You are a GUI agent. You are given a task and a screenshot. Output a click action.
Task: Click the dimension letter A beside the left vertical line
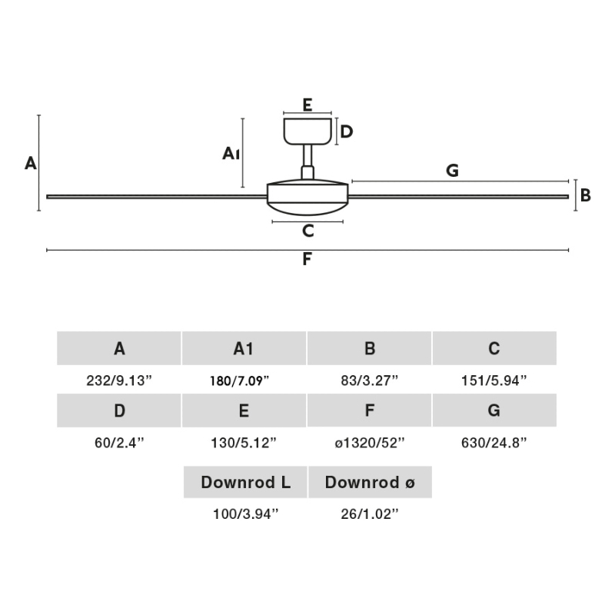(x=31, y=163)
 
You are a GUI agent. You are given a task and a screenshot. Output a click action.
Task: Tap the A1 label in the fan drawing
(x=231, y=153)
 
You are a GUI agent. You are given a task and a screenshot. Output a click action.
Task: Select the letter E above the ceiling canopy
(x=307, y=105)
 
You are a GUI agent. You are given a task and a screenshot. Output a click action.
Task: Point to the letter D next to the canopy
(x=347, y=131)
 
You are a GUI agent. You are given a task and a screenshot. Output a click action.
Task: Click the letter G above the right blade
(x=452, y=170)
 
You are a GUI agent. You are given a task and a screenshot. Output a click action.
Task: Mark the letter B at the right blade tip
(x=586, y=195)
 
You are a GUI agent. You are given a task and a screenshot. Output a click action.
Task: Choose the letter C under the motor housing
(x=308, y=231)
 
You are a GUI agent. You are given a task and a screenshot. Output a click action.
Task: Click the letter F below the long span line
(x=307, y=259)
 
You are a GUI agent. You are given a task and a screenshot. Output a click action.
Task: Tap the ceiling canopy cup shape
(x=307, y=131)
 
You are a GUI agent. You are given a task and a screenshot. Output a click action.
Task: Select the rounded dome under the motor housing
(x=307, y=208)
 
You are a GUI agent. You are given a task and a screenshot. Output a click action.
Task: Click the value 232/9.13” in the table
(x=119, y=381)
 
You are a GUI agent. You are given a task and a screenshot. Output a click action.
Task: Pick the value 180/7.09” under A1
(x=239, y=381)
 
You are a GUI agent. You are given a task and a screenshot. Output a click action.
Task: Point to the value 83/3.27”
(x=370, y=381)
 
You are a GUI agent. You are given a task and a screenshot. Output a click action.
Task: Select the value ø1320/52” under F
(x=370, y=443)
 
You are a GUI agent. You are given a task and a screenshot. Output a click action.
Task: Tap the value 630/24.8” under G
(x=494, y=443)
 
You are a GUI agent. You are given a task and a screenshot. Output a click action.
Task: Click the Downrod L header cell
(x=245, y=482)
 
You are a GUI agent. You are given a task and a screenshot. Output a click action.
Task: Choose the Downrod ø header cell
(x=370, y=482)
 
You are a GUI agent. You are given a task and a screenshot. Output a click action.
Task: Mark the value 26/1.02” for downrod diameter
(x=370, y=514)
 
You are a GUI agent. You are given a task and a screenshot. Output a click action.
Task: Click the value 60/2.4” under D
(x=119, y=443)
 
